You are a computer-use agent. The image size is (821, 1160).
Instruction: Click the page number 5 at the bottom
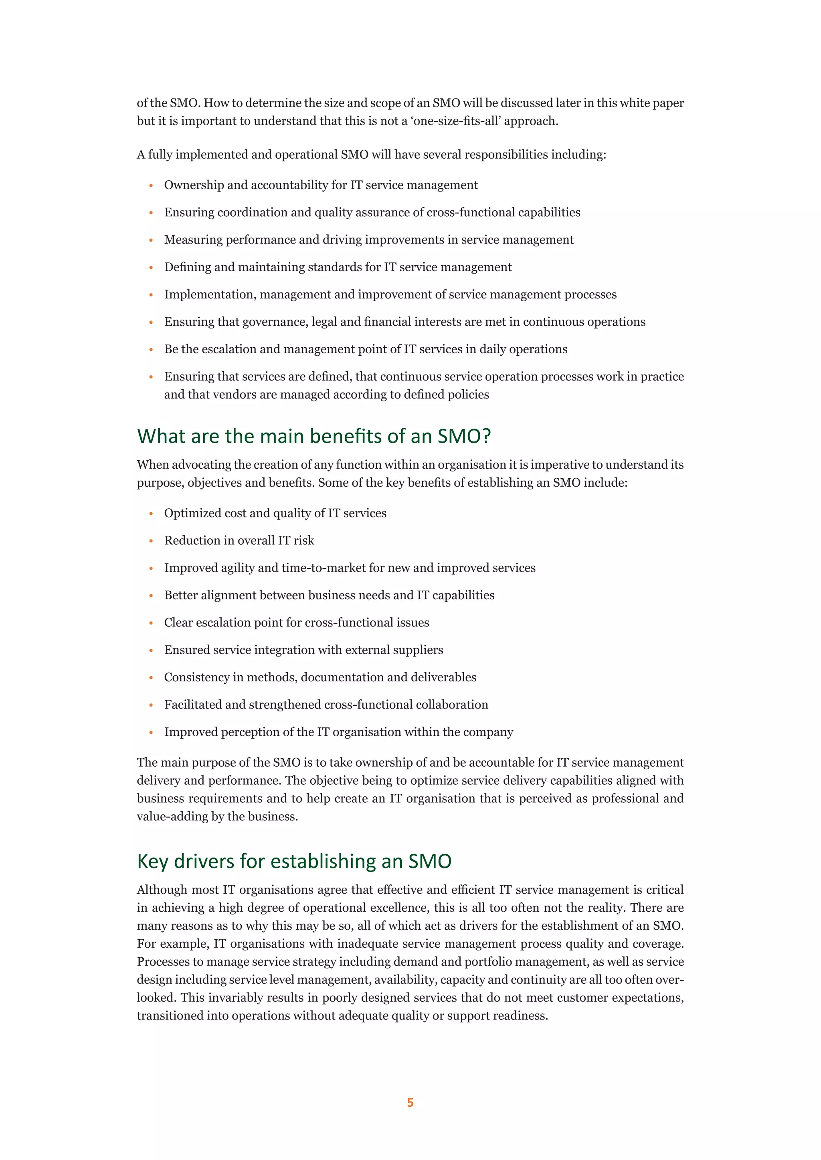point(410,1102)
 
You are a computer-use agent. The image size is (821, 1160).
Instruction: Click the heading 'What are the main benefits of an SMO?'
point(313,436)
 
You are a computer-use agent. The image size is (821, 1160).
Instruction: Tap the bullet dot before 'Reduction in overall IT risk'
point(151,541)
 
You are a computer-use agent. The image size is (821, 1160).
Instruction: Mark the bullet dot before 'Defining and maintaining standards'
point(151,268)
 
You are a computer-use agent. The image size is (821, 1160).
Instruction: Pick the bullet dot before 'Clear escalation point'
point(151,623)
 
